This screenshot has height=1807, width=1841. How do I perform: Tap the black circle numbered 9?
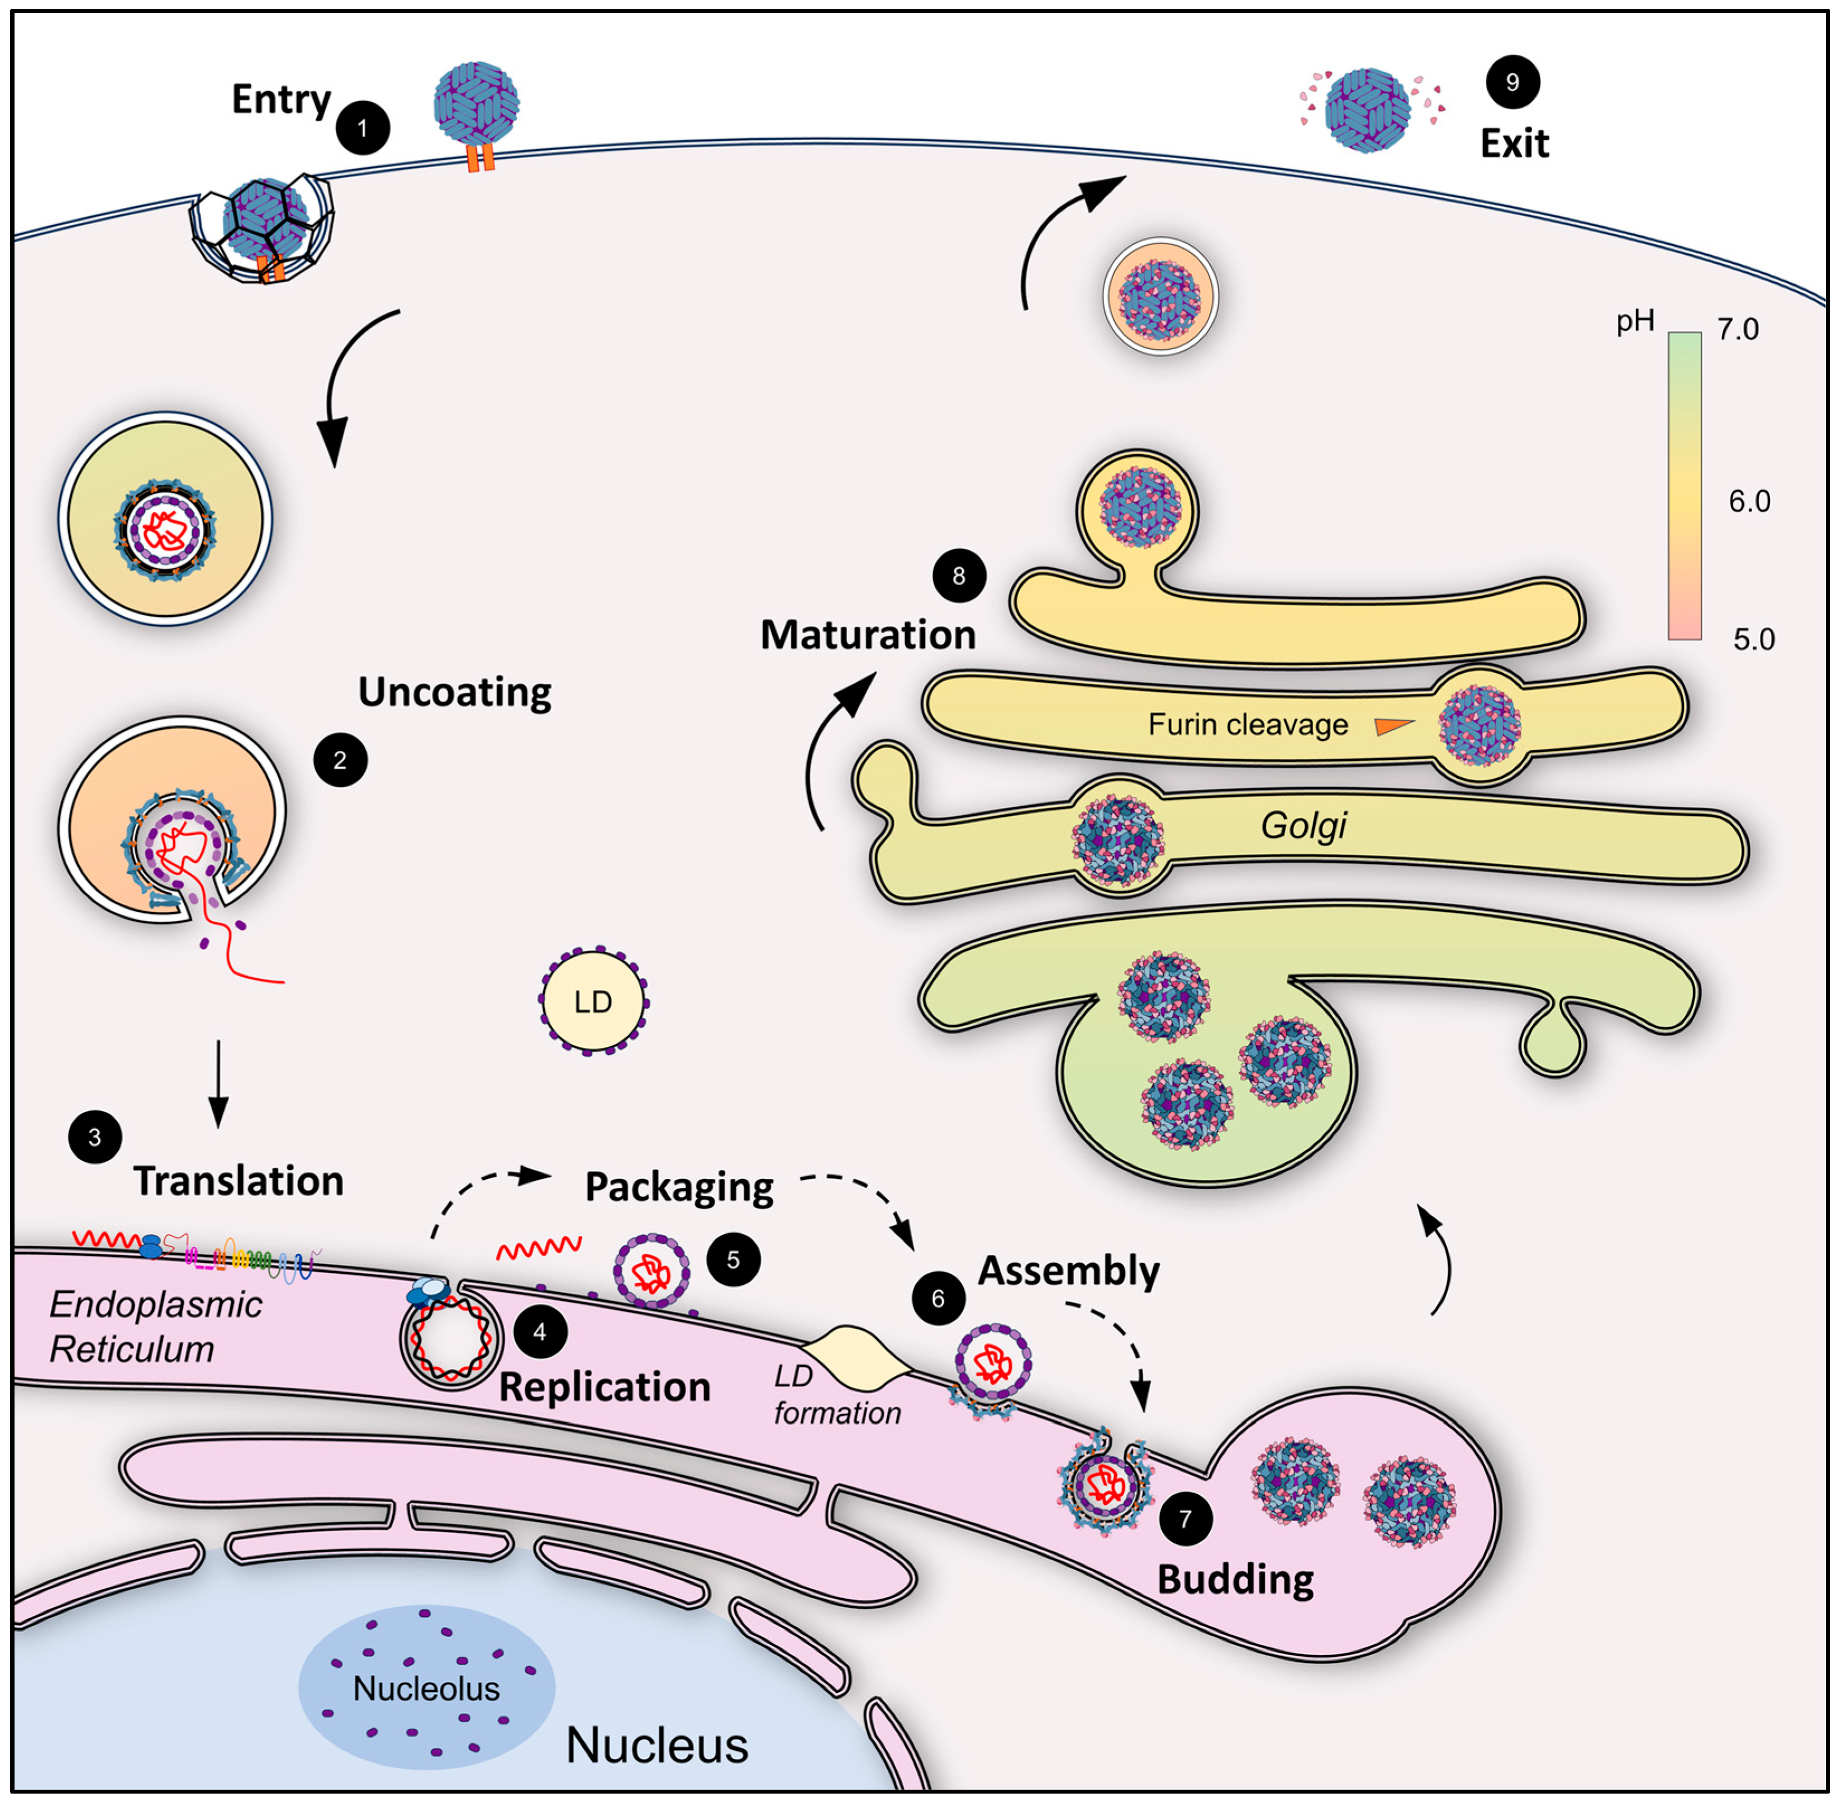[x=1512, y=83]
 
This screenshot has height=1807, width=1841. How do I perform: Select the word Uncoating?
[x=455, y=693]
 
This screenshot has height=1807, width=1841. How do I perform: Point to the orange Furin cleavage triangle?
[x=1393, y=726]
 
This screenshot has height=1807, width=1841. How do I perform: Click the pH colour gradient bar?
[x=1685, y=484]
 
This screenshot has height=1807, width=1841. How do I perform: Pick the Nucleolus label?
[x=426, y=1689]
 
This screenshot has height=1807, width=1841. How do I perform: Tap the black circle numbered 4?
[x=540, y=1332]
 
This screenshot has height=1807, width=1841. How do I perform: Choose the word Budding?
[x=1235, y=1579]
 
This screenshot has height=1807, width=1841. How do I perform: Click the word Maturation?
[x=867, y=635]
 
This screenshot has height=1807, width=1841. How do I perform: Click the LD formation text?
[x=835, y=1395]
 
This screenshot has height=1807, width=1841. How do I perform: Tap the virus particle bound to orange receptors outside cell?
[x=477, y=106]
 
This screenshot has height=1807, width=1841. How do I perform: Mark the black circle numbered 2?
[x=340, y=760]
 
